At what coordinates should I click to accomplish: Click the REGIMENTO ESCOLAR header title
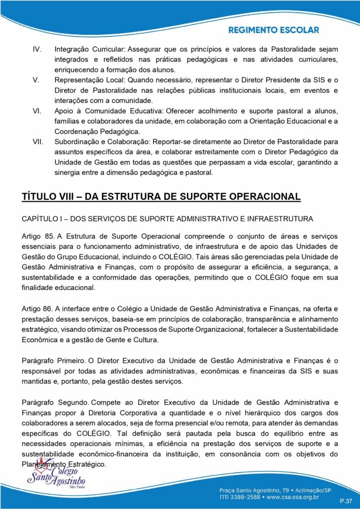[x=273, y=30]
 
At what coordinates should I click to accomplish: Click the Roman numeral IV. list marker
[x=36, y=50]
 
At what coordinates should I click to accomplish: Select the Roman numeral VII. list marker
[x=38, y=142]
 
